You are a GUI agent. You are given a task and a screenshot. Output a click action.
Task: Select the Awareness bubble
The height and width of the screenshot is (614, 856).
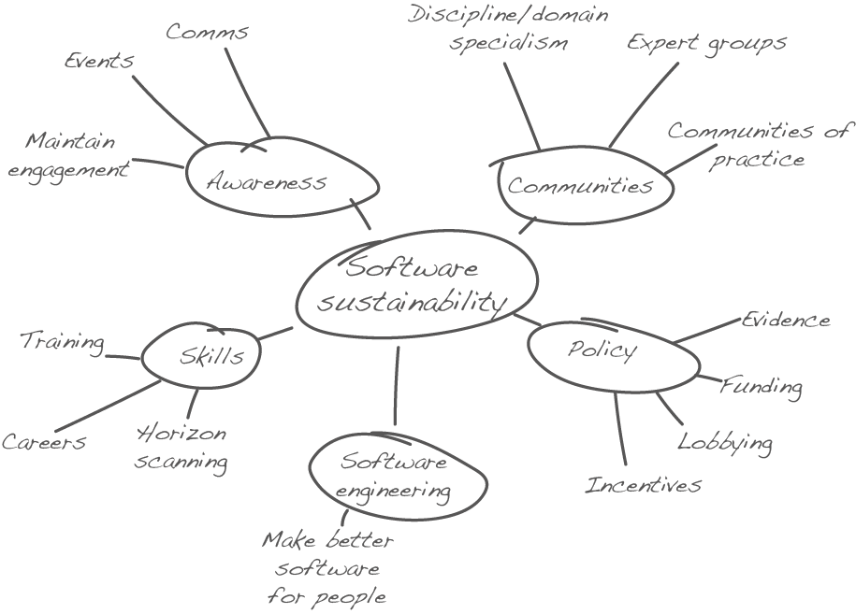point(268,181)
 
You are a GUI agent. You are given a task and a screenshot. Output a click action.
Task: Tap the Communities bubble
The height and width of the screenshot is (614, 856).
point(580,185)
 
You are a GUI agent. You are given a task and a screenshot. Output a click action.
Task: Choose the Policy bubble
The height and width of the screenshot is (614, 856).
point(602,350)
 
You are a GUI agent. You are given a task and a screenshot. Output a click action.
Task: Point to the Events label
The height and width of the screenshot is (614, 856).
point(99,61)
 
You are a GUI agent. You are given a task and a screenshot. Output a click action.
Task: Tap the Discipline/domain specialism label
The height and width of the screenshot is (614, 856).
point(509,29)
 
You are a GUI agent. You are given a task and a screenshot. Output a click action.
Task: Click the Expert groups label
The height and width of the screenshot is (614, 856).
point(706,43)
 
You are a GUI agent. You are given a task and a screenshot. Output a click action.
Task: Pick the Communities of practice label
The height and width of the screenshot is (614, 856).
point(758,145)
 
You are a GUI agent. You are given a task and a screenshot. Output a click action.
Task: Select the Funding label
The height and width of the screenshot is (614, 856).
point(761,386)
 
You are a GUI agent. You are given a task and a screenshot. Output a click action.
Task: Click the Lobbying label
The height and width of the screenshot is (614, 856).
point(725,442)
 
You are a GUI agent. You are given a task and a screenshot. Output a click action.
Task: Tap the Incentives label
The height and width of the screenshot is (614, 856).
point(643,485)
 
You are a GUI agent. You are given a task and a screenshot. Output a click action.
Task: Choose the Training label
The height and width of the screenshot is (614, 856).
point(62,342)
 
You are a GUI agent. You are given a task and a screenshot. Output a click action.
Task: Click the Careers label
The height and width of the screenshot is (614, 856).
point(43,442)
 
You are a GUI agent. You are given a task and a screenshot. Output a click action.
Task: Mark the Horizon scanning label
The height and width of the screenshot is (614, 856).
point(181,448)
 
